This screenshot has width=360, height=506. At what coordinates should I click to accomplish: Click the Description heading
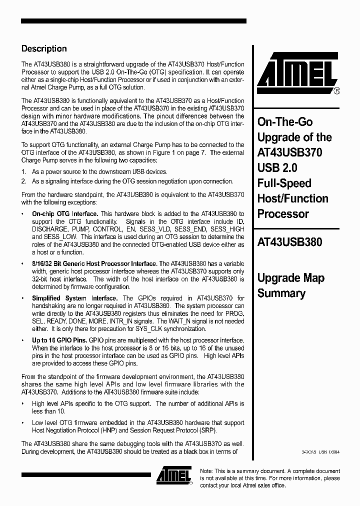44,49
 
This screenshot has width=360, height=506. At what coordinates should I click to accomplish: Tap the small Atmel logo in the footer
173,476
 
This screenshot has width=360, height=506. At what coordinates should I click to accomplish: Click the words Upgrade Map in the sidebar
290,278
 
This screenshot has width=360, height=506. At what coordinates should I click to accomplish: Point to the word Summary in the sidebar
281,293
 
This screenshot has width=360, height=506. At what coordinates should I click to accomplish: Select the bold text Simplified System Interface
75,298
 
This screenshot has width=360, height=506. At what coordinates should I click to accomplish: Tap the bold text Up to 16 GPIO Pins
59,340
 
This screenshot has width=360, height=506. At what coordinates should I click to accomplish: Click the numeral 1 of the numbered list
23,171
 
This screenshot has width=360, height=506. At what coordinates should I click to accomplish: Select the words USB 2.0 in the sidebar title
277,167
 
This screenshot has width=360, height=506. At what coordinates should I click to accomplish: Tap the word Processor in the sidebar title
282,214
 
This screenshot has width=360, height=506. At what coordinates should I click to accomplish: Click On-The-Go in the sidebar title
284,121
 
